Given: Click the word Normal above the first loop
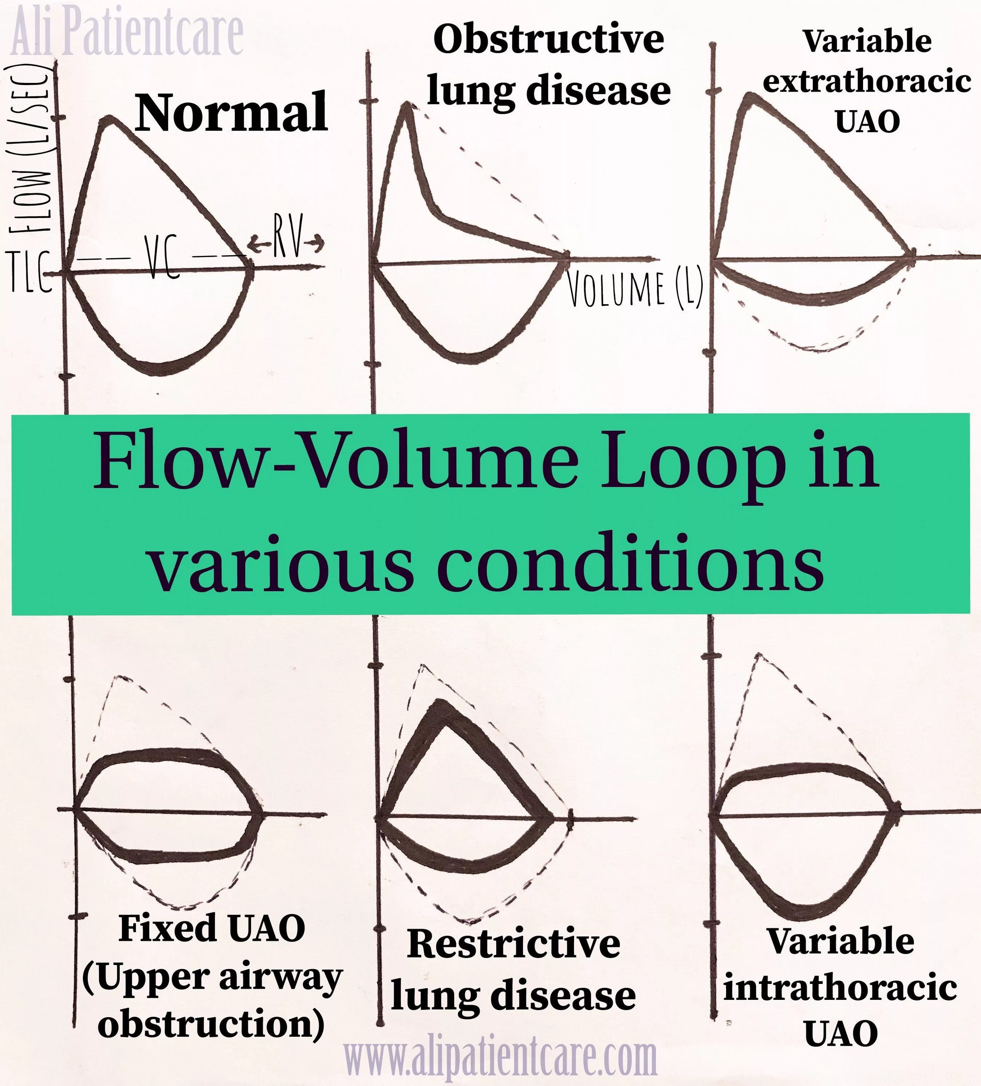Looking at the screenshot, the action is coord(232,113).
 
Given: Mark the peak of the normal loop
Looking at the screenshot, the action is coord(110,118).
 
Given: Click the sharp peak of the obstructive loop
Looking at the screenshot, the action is coord(408,105).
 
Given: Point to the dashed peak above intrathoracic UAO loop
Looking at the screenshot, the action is coord(759,654).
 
